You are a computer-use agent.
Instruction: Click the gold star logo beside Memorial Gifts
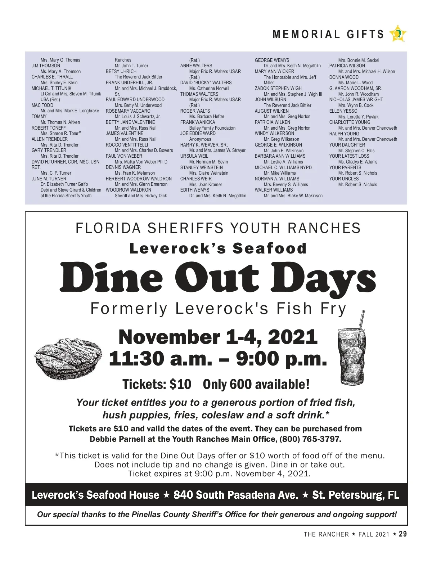[x=398, y=34]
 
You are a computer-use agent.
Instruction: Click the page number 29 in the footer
[x=403, y=534]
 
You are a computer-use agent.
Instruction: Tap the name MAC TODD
[x=42, y=105]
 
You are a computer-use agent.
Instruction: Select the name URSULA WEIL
[x=194, y=156]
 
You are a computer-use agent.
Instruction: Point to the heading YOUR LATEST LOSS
[x=349, y=156]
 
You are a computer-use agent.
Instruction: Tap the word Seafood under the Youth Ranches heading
[x=270, y=248]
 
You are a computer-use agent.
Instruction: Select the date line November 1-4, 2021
[x=218, y=337]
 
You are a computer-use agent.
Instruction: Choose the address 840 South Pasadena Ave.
[x=236, y=495]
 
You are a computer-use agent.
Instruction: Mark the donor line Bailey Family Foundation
[x=212, y=128]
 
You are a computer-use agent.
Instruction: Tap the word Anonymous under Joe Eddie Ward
[x=200, y=139]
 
